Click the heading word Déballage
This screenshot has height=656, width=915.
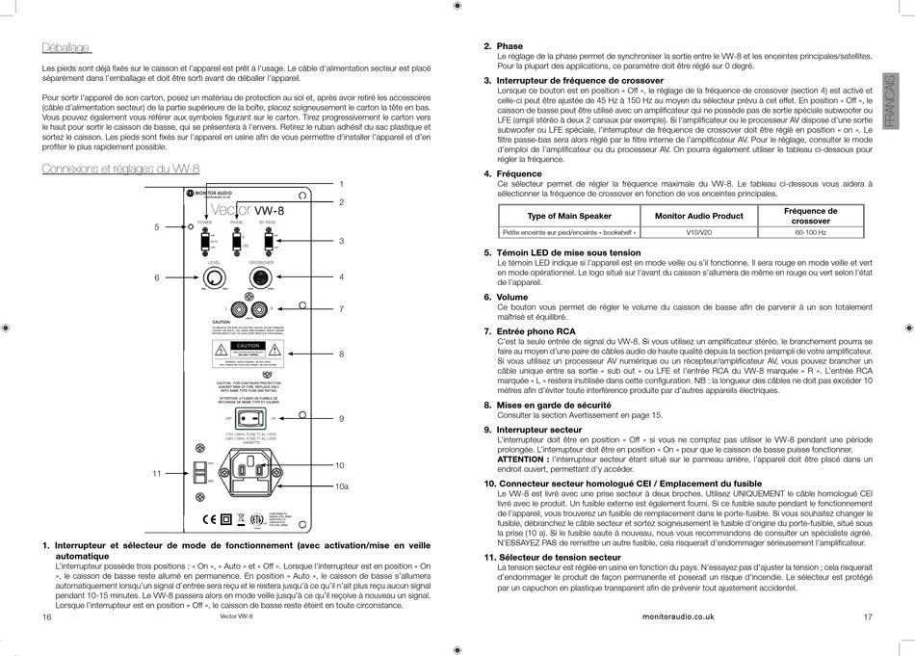66,47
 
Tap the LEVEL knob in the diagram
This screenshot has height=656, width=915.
213,277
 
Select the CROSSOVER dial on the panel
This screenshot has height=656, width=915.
260,277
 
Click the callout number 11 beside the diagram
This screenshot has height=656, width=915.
157,473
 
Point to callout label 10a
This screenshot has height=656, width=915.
342,486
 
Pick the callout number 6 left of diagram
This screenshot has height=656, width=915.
157,277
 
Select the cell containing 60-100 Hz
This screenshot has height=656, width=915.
810,232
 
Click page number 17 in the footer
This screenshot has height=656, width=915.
868,617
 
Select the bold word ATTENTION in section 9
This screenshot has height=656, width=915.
521,459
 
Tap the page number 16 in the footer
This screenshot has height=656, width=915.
46,617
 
